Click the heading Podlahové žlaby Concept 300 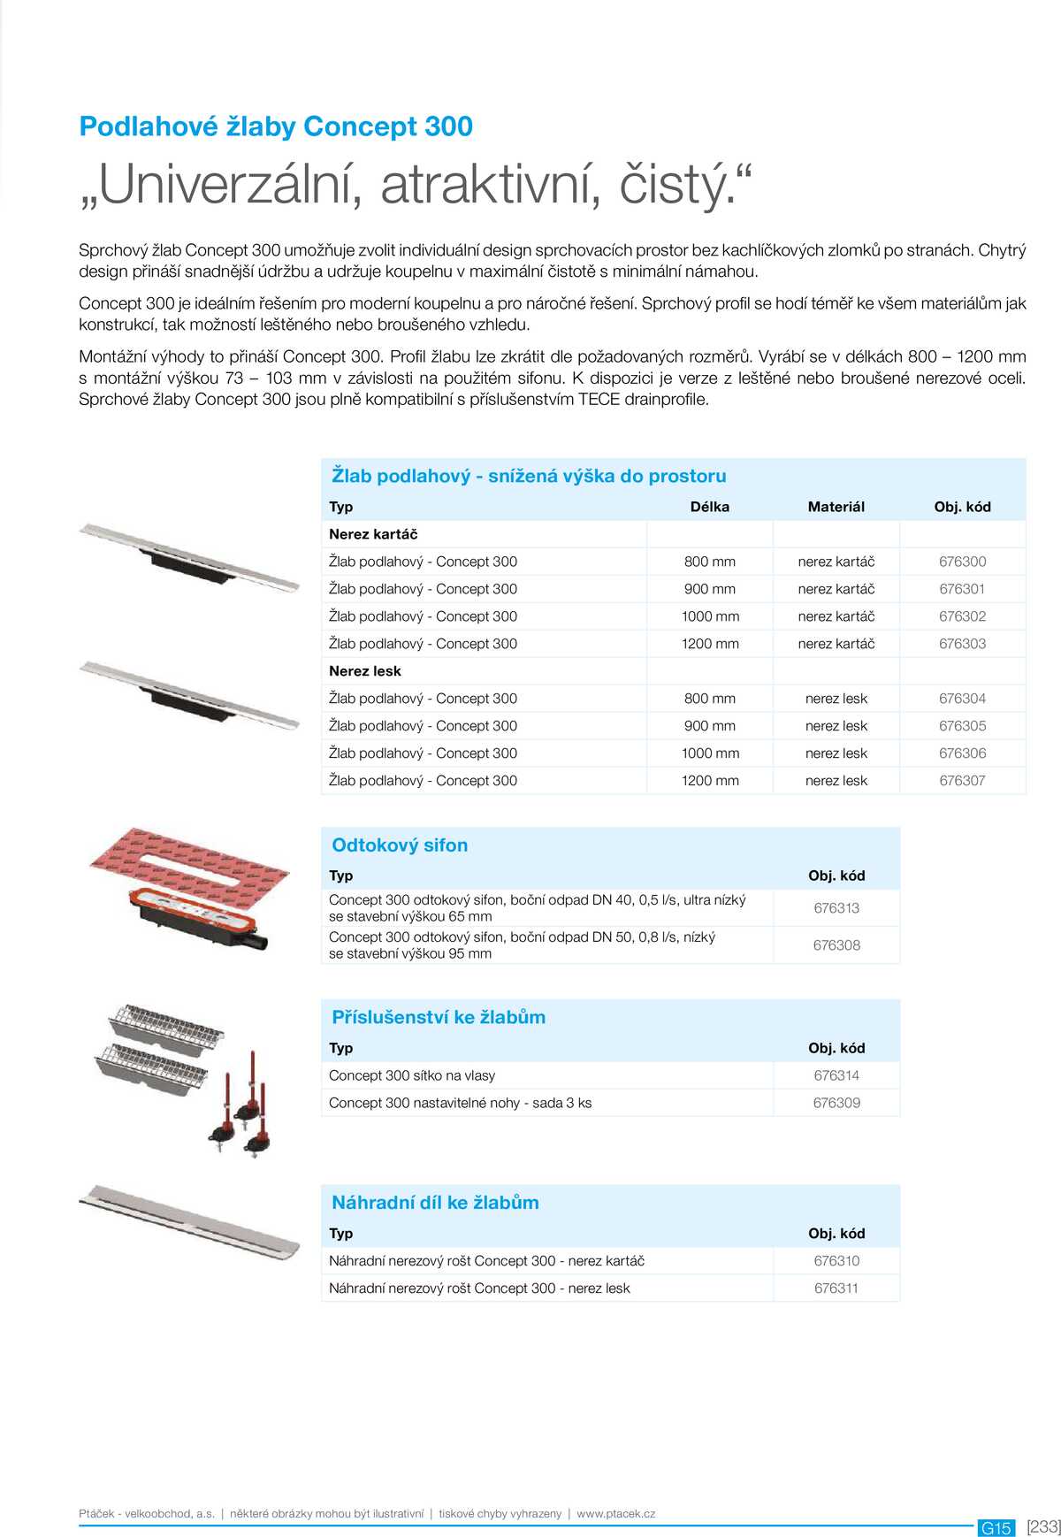click(276, 126)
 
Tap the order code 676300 click(962, 562)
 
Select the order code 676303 click(962, 644)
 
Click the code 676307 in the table click(962, 781)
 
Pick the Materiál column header click(836, 507)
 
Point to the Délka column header click(709, 507)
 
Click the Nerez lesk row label click(365, 671)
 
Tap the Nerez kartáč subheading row click(373, 534)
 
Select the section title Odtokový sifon click(400, 845)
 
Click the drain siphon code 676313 click(836, 908)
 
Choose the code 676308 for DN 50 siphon click(836, 945)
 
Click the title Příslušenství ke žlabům click(439, 1017)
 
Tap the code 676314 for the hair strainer click(836, 1075)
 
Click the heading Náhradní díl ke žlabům click(435, 1203)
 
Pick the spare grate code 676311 click(836, 1288)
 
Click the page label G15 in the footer click(996, 1527)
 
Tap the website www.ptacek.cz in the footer click(616, 1513)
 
